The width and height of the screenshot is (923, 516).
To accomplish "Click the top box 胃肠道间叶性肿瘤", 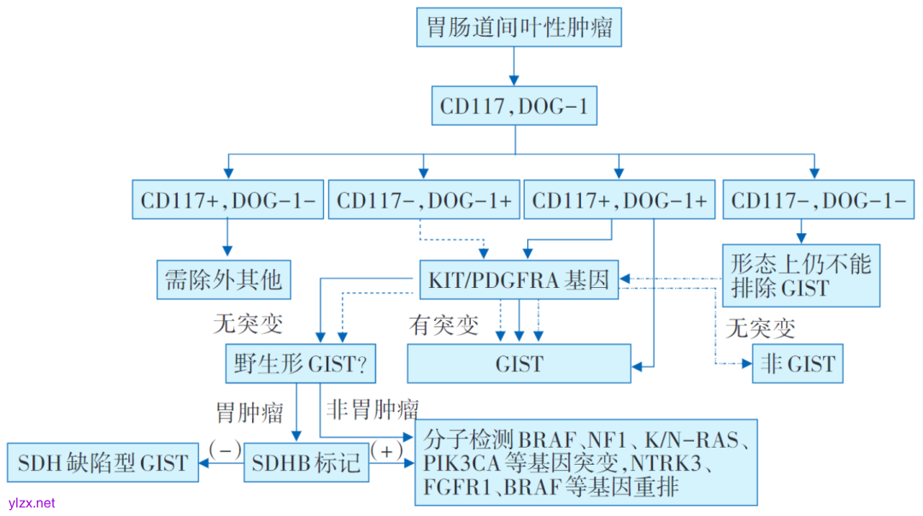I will (x=519, y=27).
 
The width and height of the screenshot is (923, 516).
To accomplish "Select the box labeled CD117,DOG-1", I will (x=514, y=107).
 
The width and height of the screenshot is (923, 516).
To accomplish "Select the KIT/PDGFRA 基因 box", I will (x=519, y=279).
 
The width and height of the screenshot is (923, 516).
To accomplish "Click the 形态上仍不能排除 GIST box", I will (x=801, y=275).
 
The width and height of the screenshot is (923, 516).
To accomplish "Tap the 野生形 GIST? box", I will (x=300, y=364).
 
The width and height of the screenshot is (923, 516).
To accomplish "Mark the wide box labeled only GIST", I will (x=519, y=364).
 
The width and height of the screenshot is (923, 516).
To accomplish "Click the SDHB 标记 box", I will (x=307, y=463).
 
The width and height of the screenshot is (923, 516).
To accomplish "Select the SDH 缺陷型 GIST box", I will (x=103, y=463).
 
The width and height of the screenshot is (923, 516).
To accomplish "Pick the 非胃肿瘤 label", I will (x=373, y=408).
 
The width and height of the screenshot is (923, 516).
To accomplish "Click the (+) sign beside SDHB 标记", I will (x=386, y=450).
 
